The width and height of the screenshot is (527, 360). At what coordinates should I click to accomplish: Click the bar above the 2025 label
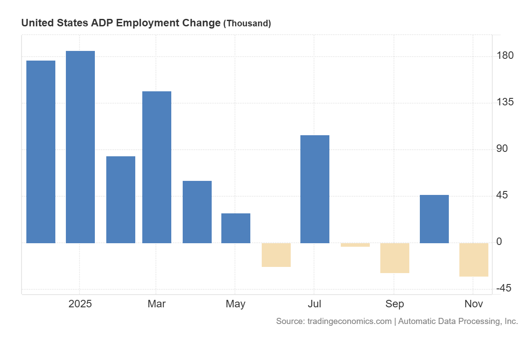coord(80,147)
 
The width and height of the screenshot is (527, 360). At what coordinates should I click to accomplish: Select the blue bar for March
coord(157,167)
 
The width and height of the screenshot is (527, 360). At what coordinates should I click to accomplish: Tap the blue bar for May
coord(236,228)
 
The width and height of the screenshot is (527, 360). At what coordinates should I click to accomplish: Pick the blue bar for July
coord(315,189)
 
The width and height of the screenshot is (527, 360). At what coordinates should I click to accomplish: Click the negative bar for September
coord(395,258)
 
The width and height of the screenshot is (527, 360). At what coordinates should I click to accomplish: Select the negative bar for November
coord(474,260)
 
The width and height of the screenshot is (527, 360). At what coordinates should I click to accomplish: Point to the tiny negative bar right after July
coord(355,245)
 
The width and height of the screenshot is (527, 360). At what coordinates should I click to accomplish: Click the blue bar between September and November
coord(434,219)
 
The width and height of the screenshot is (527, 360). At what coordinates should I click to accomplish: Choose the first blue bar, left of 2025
coord(41,151)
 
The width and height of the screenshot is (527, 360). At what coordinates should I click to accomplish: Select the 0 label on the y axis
coord(498,242)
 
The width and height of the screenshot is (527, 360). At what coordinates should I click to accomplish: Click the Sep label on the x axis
coord(395,304)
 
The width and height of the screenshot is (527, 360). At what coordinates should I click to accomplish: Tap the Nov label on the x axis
coord(474,304)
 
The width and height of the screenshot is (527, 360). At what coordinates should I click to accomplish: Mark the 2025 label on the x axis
coord(80,304)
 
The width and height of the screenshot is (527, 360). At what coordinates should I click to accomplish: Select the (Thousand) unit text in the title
coord(247,23)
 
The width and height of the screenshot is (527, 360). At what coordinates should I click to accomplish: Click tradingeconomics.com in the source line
coord(349,321)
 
